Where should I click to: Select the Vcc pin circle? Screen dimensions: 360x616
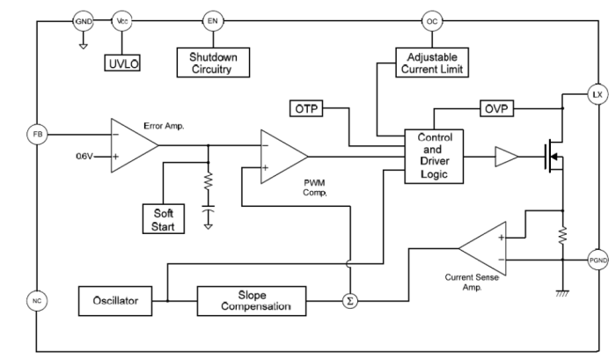(121, 20)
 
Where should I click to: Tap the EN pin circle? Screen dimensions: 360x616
(212, 20)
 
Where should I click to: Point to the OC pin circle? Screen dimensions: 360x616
(431, 20)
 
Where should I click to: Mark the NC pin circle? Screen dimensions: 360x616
(37, 300)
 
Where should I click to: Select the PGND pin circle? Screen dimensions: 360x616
(596, 260)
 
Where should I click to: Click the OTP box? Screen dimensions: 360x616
(307, 109)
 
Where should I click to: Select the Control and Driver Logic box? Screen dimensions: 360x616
(433, 156)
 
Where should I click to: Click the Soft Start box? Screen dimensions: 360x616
(165, 218)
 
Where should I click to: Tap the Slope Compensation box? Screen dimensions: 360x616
(252, 300)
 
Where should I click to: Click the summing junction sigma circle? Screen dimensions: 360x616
(350, 300)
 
